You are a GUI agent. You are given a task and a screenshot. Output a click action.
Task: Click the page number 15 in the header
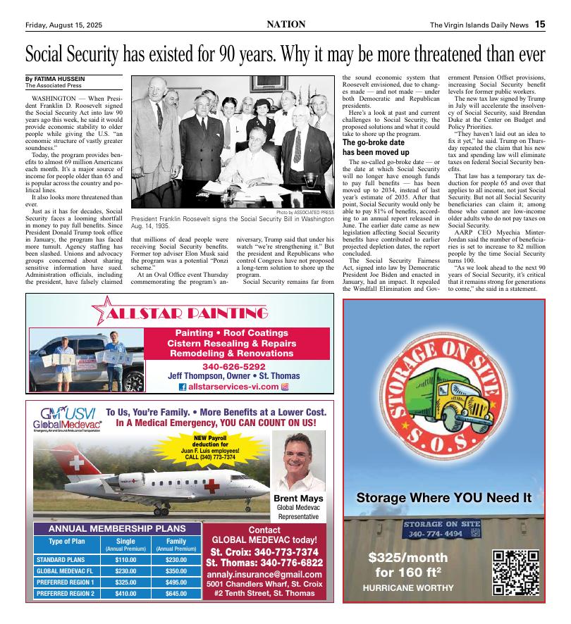point(539,25)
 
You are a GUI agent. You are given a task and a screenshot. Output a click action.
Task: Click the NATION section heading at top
point(285,25)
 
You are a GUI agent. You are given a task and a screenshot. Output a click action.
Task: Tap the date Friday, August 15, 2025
point(63,25)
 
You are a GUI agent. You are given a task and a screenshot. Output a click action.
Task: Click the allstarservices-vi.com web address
point(239,387)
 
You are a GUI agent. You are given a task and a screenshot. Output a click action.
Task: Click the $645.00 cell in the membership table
point(176,593)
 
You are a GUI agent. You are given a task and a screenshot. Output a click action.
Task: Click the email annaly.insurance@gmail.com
point(264,574)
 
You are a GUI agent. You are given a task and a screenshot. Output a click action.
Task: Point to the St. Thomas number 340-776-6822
point(264,563)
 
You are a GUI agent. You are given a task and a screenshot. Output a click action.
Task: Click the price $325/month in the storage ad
point(408,557)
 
